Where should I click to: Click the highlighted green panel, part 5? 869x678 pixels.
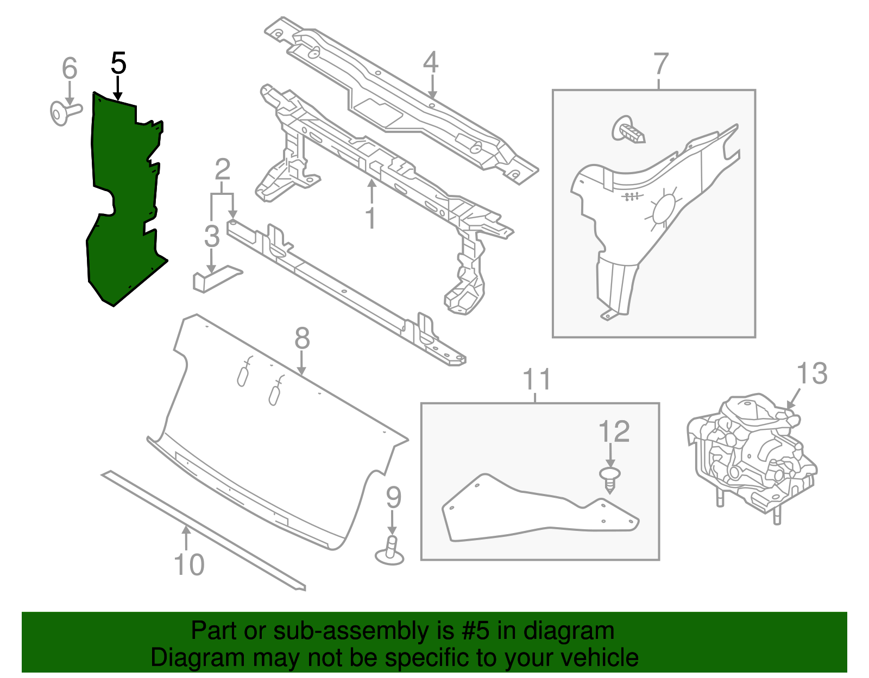point(122,206)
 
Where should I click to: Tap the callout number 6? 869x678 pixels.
point(70,68)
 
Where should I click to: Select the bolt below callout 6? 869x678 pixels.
point(64,112)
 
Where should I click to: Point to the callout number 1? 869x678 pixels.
point(370,218)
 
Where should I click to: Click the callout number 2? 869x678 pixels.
point(222,169)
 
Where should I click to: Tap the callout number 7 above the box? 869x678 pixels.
point(660,64)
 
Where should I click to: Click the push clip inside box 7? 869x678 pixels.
point(629,130)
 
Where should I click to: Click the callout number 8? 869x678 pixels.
point(302,339)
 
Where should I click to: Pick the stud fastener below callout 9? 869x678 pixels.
point(390,550)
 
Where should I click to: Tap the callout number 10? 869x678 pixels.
point(189,565)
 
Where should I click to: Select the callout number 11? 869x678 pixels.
point(537,379)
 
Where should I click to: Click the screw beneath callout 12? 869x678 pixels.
point(610,480)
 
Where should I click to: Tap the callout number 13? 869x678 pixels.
point(812,374)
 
